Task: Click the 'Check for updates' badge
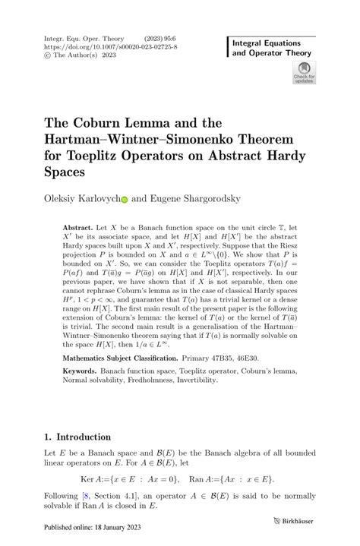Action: tap(304, 74)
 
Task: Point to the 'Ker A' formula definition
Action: tap(151, 481)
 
